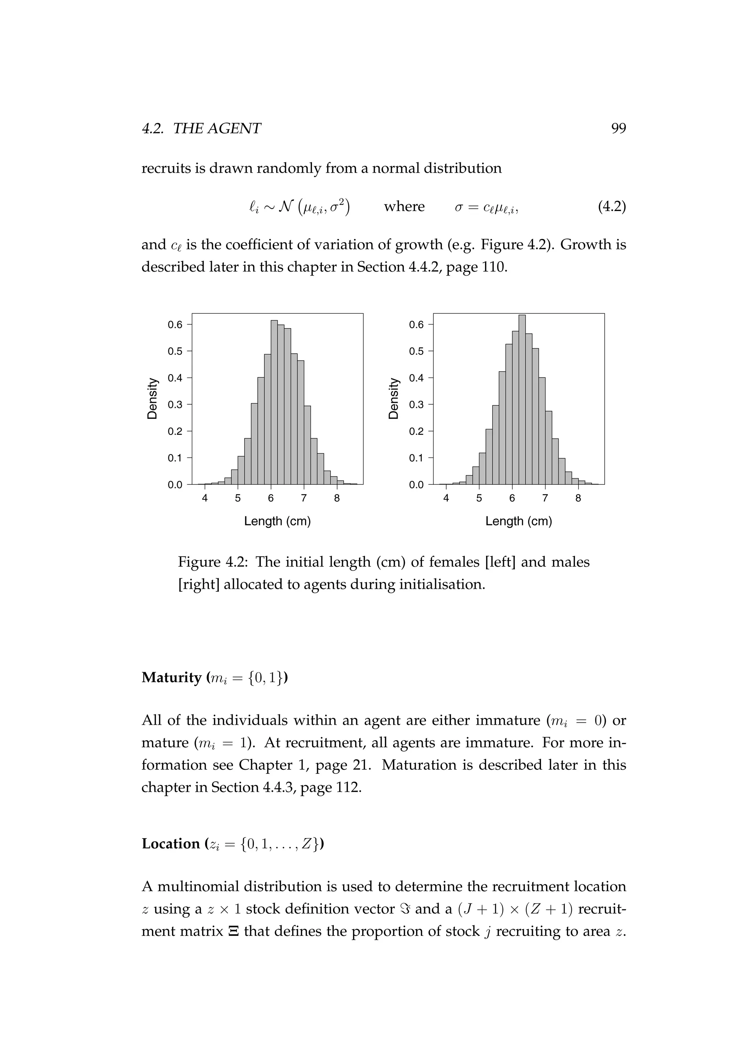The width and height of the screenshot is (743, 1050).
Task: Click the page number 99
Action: coord(618,128)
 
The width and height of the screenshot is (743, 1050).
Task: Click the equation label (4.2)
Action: coord(611,207)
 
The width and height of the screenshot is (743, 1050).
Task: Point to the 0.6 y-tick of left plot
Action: coord(175,325)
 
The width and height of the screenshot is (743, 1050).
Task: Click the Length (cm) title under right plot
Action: coord(518,521)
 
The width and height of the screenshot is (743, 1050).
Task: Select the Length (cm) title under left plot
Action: coord(277,521)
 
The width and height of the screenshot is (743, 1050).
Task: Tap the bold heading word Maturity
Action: coord(172,677)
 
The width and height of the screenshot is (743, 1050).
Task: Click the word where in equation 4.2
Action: coord(404,207)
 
